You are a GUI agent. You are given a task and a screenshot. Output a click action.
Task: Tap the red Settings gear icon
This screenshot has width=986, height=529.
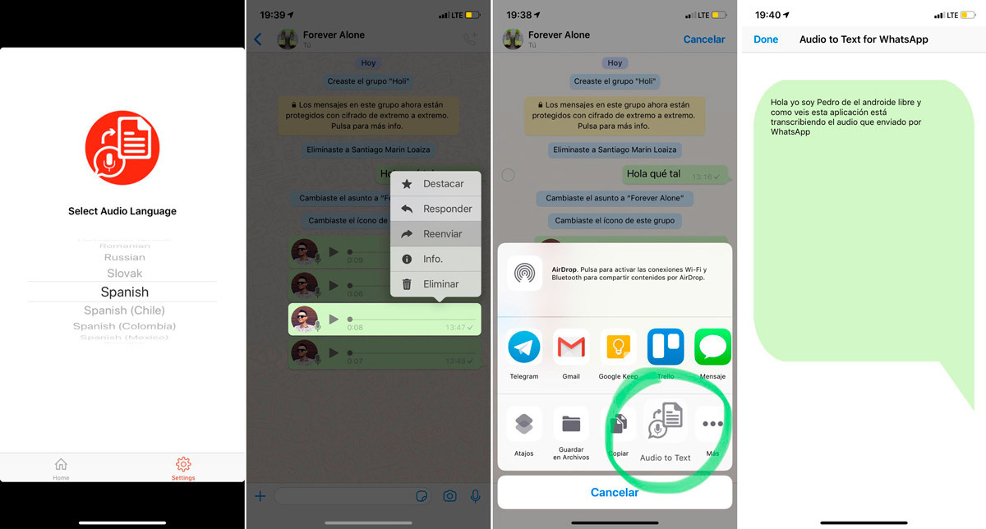pos(183,465)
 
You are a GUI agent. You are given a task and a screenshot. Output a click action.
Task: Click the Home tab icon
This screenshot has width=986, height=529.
pos(61,465)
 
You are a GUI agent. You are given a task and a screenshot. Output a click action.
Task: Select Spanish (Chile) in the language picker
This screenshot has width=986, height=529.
pos(124,310)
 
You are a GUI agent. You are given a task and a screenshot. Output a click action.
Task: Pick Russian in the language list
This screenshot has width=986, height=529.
pos(124,257)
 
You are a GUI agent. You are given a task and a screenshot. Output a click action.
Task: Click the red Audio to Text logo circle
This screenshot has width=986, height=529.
pos(122,148)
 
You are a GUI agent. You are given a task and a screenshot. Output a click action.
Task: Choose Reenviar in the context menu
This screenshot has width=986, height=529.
pos(435,234)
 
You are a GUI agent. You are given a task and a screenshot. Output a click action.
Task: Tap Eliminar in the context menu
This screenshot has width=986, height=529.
pos(435,284)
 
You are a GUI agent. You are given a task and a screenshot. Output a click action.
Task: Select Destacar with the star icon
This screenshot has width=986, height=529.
pos(435,184)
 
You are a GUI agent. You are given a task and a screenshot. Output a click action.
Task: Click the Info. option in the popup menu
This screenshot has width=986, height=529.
pos(435,259)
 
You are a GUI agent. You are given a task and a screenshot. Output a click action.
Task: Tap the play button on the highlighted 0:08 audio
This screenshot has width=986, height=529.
pos(334,319)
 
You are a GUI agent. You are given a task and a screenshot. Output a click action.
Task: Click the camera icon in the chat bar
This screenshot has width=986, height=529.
pos(449,496)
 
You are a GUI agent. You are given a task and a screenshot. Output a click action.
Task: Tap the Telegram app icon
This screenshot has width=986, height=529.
pos(524,347)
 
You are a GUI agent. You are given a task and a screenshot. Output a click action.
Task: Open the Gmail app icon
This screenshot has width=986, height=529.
pos(571,347)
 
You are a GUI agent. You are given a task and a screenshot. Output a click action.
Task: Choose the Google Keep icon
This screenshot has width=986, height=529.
pos(618,347)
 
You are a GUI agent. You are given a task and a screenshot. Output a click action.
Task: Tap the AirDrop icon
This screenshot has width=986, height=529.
pos(524,274)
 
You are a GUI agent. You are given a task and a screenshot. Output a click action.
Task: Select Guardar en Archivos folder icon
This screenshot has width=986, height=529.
pos(571,425)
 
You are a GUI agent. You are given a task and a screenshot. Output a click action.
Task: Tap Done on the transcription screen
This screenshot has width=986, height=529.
pos(766,39)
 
